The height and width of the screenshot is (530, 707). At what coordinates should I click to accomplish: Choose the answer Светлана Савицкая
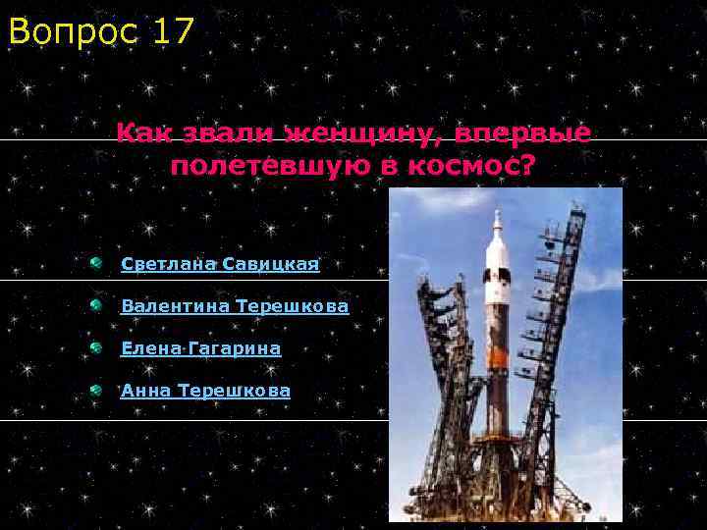tap(220, 264)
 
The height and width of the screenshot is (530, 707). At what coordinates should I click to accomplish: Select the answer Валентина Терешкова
tap(235, 306)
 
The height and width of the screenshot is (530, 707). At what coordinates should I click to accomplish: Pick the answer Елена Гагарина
tap(200, 348)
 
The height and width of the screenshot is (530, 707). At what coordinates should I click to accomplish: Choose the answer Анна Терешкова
tap(205, 391)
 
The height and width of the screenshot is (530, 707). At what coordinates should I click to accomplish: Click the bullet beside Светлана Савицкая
tap(94, 263)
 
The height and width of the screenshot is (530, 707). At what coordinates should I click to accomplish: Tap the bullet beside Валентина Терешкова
tap(94, 305)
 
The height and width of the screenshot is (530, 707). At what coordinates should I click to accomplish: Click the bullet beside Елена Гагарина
tap(94, 347)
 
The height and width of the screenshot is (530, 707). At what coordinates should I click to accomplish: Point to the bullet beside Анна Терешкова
tap(94, 390)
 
